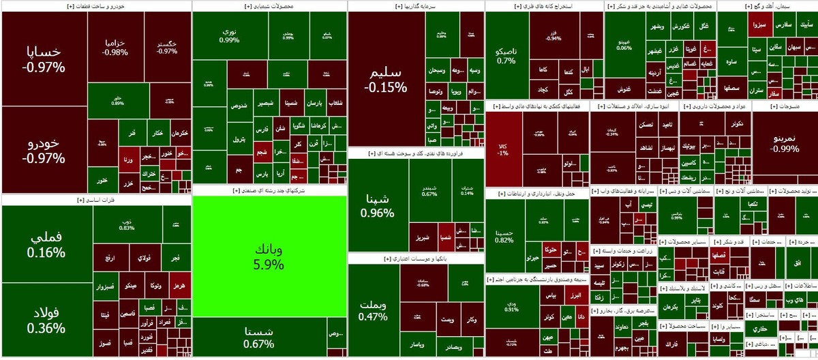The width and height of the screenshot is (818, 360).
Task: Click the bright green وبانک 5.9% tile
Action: click(x=269, y=256)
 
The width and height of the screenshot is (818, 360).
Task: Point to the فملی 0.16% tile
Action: click(x=47, y=244)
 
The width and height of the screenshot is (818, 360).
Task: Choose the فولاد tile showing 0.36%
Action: click(x=47, y=320)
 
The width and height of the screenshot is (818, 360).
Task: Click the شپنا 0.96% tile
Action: click(x=378, y=205)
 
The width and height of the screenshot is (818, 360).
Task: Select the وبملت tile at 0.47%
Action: click(x=373, y=310)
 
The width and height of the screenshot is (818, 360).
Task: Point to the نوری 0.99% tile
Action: click(x=230, y=35)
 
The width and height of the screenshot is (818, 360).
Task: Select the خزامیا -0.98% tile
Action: click(x=117, y=47)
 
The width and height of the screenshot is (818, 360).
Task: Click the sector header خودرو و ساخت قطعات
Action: click(x=96, y=5)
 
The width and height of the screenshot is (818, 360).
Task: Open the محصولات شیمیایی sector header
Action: click(x=270, y=5)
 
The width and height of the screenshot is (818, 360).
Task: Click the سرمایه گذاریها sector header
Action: click(x=416, y=5)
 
